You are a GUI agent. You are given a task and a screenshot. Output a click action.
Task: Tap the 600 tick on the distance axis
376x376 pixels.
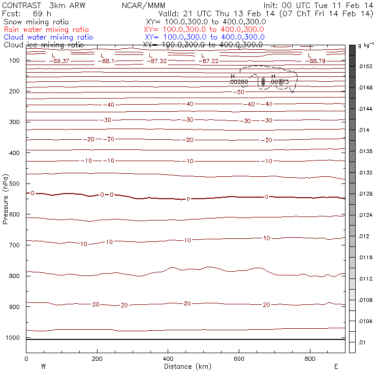click(x=239, y=358)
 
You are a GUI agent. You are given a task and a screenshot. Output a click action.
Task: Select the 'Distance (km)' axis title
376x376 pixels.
click(x=185, y=366)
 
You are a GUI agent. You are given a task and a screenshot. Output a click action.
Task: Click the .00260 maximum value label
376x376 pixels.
click(x=239, y=81)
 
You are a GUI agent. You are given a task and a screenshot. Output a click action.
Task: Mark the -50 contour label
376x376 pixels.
click(x=240, y=92)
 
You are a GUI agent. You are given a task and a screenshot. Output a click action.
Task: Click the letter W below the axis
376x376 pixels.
click(x=43, y=366)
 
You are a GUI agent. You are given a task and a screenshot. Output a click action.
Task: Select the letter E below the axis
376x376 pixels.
click(x=335, y=366)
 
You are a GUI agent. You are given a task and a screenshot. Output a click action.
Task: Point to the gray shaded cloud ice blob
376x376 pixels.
click(x=263, y=82)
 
